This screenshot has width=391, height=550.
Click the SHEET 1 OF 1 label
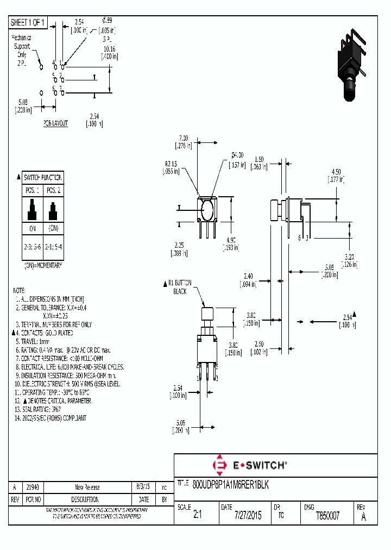(28, 22)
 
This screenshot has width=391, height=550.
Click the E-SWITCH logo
(249, 465)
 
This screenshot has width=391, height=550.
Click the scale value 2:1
(197, 516)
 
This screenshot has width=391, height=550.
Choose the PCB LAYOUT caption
(56, 123)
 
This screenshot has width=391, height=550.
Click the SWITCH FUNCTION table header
(43, 178)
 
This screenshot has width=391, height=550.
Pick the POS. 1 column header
(33, 190)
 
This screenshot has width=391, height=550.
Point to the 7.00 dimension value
(183, 138)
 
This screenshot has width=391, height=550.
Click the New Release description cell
(87, 487)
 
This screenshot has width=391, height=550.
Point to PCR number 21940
(33, 487)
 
